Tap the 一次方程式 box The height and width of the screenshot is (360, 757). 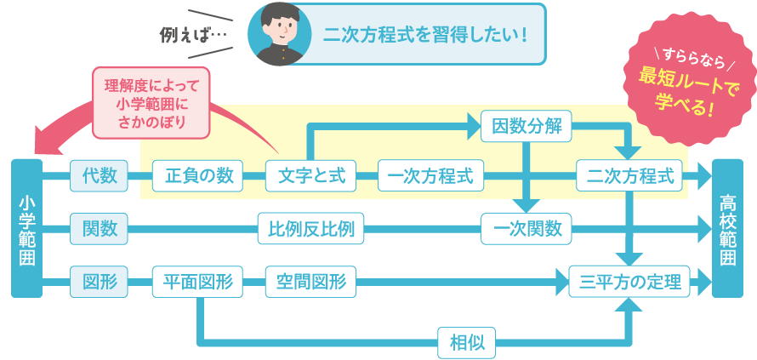[430, 177]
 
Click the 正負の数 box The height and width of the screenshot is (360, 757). [198, 177]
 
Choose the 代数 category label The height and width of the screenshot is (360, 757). [99, 177]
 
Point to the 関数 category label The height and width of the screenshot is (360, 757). [99, 228]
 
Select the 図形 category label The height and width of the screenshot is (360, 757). [99, 280]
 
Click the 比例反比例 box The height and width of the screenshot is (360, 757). [311, 228]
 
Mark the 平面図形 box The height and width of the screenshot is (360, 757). [198, 281]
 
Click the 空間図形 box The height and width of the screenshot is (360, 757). [311, 281]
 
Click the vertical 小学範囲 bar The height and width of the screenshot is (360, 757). [26, 228]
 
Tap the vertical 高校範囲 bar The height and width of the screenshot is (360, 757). [730, 228]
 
